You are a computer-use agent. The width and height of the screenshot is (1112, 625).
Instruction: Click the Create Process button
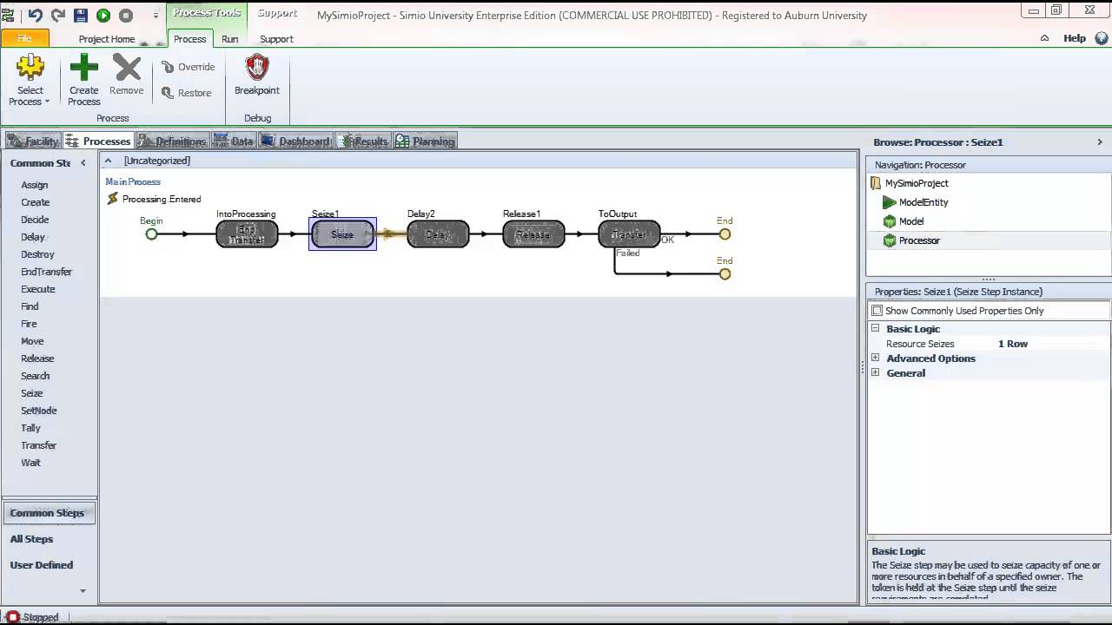[x=84, y=79]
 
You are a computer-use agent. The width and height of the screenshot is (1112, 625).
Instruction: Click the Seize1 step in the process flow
[x=342, y=234]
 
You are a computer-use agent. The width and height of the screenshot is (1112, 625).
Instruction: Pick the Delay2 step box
[x=438, y=234]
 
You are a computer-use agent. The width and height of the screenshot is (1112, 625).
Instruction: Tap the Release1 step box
[x=533, y=234]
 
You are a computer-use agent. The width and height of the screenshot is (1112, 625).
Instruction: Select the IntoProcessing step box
[x=247, y=234]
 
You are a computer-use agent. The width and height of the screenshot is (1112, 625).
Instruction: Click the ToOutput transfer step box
[x=629, y=234]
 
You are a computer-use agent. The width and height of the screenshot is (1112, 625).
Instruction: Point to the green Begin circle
[x=151, y=234]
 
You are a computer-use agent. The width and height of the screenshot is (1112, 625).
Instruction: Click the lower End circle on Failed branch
[x=725, y=274]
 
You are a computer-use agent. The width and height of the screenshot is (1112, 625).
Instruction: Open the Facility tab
[x=34, y=141]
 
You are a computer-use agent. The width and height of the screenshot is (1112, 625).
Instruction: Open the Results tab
[x=364, y=141]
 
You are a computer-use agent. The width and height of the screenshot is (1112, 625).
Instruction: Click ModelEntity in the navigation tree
[x=923, y=202]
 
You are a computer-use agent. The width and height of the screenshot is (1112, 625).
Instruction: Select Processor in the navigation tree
[x=918, y=240]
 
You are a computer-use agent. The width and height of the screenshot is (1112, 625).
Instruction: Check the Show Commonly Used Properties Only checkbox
[x=877, y=311]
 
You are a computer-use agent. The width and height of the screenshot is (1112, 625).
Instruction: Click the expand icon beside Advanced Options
[x=875, y=359]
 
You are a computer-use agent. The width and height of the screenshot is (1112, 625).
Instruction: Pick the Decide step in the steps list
[x=35, y=220]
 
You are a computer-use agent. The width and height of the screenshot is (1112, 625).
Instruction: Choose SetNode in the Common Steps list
[x=39, y=411]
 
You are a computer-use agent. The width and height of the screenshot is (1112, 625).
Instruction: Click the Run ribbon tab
[x=229, y=39]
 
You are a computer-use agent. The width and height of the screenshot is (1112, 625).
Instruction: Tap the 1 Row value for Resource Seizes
[x=1013, y=344]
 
